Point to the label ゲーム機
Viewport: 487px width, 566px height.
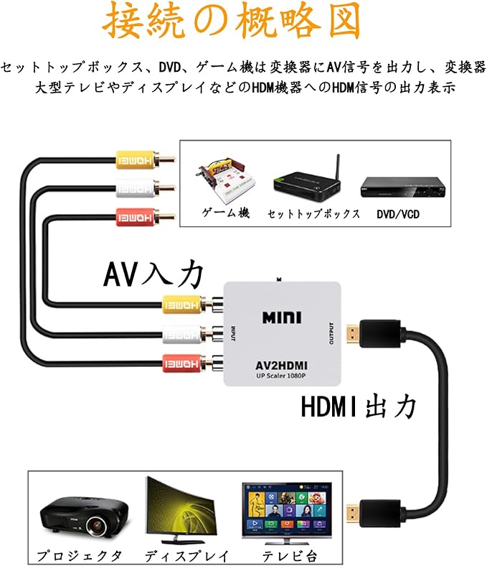[225, 214]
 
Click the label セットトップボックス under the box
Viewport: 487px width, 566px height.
[313, 214]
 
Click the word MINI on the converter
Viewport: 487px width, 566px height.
[281, 317]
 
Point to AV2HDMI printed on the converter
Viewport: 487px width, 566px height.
[282, 363]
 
